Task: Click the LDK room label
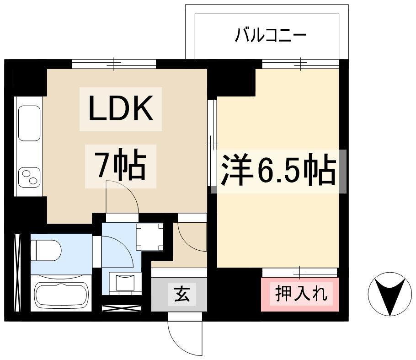pyautogui.click(x=121, y=108)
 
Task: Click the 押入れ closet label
pyautogui.click(x=301, y=294)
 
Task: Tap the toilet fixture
pyautogui.click(x=46, y=251)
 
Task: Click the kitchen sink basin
pyautogui.click(x=29, y=123)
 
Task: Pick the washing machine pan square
pyautogui.click(x=149, y=237)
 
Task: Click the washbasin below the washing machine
pyautogui.click(x=125, y=283)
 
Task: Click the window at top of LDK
pyautogui.click(x=114, y=64)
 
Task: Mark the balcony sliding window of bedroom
pyautogui.click(x=301, y=64)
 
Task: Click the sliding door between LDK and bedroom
pyautogui.click(x=212, y=143)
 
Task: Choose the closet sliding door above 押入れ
pyautogui.click(x=300, y=273)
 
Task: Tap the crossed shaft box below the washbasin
pyautogui.click(x=122, y=308)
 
